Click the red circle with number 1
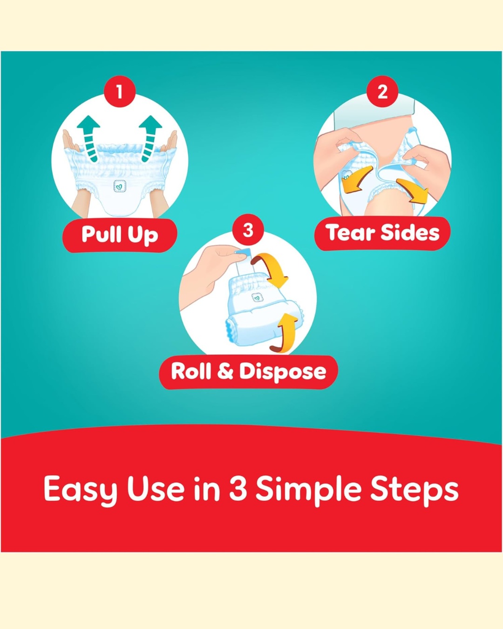point(120,91)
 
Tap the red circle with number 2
point(382,91)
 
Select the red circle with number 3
point(248,230)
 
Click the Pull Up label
point(120,235)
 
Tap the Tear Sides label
point(382,233)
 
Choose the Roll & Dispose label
point(248,372)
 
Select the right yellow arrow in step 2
point(413,191)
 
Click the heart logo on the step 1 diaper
point(120,186)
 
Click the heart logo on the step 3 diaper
point(257,298)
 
